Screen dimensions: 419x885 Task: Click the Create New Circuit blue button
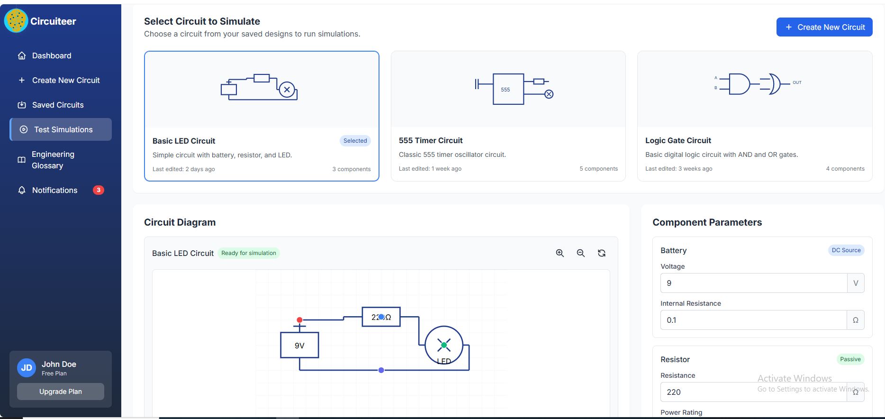(824, 27)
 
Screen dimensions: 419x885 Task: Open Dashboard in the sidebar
(52, 55)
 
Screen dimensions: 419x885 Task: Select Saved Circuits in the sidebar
(57, 105)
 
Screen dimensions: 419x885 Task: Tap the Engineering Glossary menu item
(53, 160)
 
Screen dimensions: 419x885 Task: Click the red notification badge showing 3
(99, 190)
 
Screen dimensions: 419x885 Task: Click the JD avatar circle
(27, 368)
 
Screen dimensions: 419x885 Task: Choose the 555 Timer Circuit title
(431, 140)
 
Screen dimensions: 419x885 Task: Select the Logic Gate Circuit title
(678, 140)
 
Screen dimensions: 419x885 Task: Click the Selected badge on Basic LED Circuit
(355, 141)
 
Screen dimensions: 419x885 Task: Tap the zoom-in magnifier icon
(560, 253)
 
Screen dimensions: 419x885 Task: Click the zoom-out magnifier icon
(581, 253)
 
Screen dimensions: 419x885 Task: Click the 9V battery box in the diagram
(299, 345)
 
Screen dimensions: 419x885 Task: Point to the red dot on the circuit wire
(299, 320)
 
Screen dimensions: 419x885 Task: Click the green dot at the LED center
(444, 345)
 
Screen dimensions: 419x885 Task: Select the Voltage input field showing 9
(753, 283)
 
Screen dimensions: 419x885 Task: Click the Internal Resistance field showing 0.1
(753, 320)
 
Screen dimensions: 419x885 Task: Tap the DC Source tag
(846, 250)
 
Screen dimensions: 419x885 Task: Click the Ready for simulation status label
(249, 253)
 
